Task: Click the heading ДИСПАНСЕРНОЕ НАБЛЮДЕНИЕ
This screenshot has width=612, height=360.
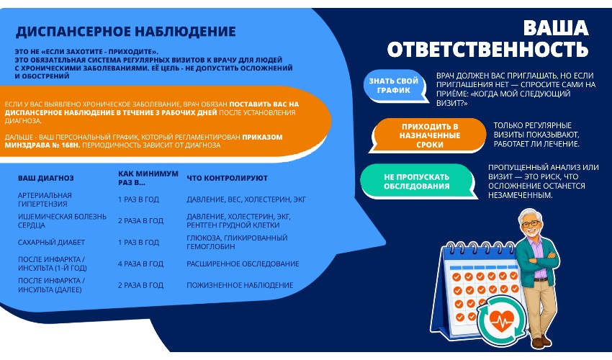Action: pos(126,31)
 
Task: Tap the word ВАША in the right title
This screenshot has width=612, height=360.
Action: pos(555,28)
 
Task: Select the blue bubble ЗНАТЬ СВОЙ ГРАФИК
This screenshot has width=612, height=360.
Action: pos(393,86)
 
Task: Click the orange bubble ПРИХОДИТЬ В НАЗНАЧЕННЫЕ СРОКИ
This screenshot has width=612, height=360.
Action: pos(429,135)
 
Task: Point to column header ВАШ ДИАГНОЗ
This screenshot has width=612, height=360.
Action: pos(45,178)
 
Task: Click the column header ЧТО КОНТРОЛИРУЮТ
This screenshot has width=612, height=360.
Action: pos(227,178)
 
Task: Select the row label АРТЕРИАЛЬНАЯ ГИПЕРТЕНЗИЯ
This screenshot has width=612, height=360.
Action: pos(45,199)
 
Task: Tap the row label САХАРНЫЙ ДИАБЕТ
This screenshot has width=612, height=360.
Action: pos(51,242)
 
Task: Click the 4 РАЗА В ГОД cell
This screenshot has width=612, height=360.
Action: pos(140,264)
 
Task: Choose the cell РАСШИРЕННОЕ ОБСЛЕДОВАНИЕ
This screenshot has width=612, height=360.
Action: pos(243,264)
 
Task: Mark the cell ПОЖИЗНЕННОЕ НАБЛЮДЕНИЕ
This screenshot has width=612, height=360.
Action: pos(240,285)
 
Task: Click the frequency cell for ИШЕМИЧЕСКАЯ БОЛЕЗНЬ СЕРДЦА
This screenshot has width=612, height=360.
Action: pos(140,220)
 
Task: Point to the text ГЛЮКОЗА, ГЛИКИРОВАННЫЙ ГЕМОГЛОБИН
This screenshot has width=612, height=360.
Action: pos(237,242)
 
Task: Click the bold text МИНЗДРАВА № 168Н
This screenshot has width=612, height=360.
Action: pos(42,145)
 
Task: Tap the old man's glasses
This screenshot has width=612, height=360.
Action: pos(531,224)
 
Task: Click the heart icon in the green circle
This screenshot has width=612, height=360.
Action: pos(501,321)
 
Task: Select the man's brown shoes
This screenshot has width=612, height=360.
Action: pos(541,342)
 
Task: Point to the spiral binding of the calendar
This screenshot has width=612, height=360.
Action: pos(480,248)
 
